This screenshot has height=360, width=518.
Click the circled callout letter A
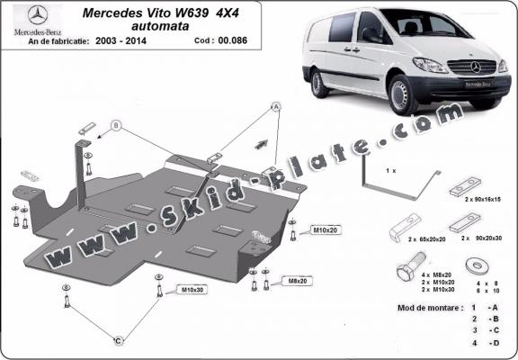click(275, 106)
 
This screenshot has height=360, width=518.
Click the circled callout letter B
click(115, 125)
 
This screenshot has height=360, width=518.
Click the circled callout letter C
click(118, 341)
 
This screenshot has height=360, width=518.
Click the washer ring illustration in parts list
click(475, 267)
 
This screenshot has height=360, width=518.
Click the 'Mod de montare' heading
click(429, 307)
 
